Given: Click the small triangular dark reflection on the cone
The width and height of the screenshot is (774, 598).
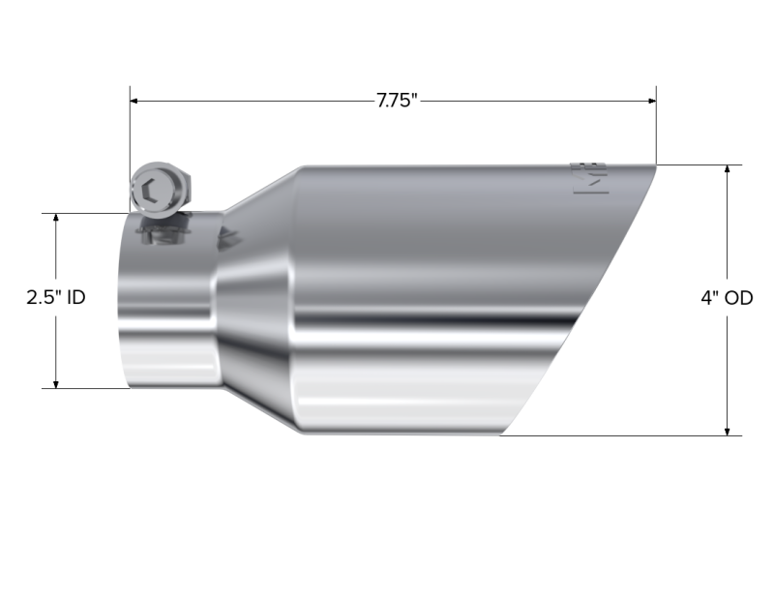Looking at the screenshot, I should tap(229, 235).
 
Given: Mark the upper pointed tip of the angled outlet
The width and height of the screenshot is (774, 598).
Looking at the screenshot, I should tap(656, 167).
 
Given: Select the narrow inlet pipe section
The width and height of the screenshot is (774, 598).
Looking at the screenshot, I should tap(164, 300).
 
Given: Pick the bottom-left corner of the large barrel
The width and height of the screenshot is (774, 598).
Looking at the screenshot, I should tap(296, 434).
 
